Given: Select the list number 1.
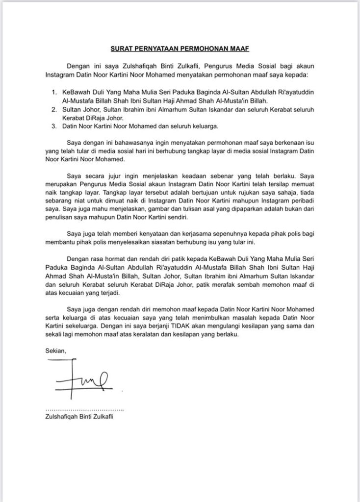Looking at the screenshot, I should [x=54, y=92].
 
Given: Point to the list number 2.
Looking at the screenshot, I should [x=54, y=109].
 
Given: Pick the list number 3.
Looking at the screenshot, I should [x=54, y=126].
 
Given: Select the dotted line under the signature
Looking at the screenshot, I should [x=84, y=409].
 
